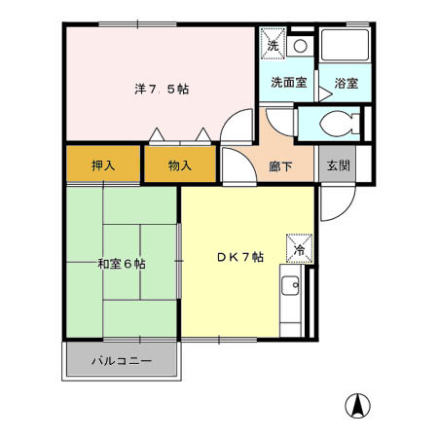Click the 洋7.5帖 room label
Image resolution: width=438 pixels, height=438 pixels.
click(162, 89)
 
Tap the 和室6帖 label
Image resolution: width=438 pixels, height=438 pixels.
click(121, 263)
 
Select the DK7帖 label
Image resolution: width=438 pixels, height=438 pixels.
click(239, 257)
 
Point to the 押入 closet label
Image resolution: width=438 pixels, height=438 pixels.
click(103, 164)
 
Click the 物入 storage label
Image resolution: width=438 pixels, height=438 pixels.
click(179, 164)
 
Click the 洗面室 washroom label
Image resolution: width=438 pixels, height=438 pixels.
click(289, 83)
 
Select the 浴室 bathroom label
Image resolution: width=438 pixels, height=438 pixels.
click(347, 83)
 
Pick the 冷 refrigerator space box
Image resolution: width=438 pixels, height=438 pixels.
click(299, 249)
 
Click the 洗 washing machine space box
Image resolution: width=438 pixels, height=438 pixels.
click(273, 45)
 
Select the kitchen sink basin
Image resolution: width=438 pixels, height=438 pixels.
click(290, 287)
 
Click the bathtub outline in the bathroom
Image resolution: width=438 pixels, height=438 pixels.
click(346, 46)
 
